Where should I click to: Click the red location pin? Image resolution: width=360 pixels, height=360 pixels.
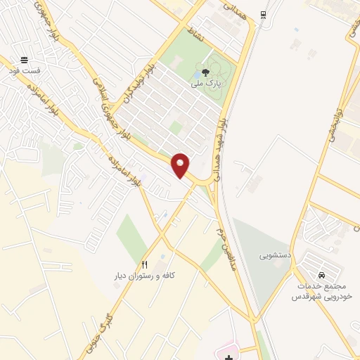[x=181, y=165]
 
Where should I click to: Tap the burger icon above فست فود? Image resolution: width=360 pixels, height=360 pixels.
[x=25, y=60]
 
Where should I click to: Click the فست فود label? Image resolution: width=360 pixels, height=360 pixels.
[x=25, y=72]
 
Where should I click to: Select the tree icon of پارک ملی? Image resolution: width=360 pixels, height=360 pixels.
[x=205, y=72]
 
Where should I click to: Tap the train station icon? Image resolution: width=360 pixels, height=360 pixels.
[x=262, y=14]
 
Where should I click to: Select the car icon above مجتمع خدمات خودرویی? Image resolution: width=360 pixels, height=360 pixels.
[x=321, y=275]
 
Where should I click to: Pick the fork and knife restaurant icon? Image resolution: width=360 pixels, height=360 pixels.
[x=145, y=264]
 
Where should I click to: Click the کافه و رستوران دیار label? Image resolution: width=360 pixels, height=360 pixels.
[x=144, y=276]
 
